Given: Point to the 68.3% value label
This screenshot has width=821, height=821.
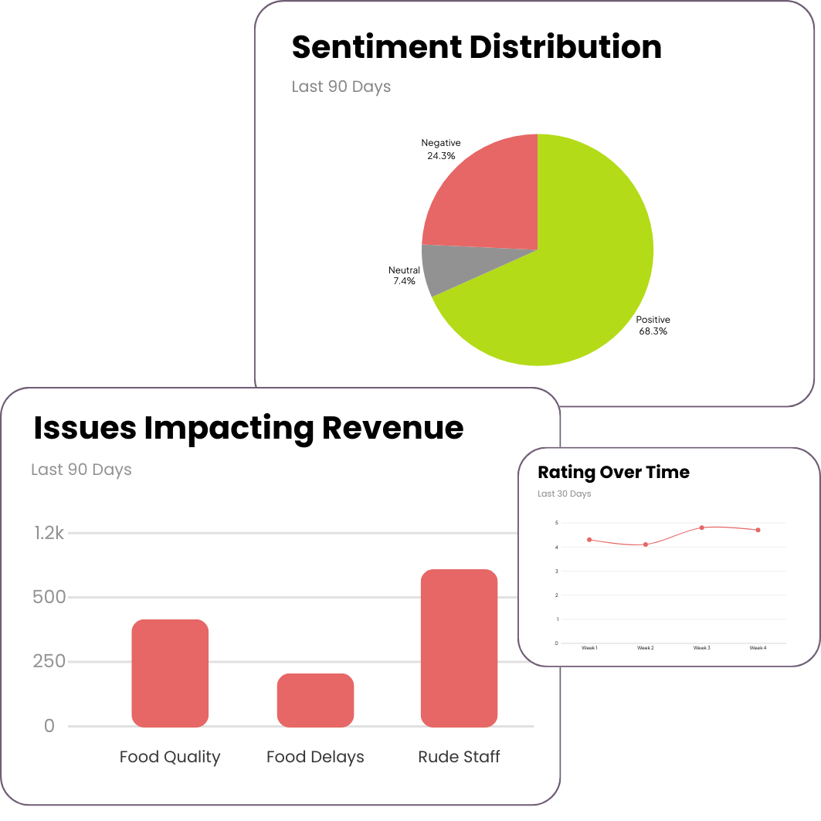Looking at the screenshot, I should [653, 331].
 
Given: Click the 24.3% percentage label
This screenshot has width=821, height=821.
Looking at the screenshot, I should [441, 155].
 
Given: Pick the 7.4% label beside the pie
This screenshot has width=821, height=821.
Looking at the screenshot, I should [404, 281].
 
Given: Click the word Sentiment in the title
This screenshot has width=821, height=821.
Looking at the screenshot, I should [376, 47].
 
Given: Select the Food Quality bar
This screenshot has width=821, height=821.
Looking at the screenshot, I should [170, 673].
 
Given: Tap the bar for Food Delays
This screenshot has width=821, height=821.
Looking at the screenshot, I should [315, 700].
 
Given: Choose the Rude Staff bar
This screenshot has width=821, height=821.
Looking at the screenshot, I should [459, 648].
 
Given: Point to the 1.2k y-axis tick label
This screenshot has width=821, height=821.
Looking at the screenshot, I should [49, 533].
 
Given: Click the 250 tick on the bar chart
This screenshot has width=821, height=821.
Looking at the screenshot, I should [49, 662].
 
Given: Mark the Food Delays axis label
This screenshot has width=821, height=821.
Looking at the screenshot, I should [315, 757].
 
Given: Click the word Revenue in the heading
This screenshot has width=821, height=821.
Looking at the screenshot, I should [392, 428].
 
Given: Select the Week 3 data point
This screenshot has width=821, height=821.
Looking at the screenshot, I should [701, 528].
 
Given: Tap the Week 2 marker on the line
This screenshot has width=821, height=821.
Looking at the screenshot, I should [646, 545].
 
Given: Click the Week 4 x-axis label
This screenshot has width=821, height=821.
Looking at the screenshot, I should [758, 648].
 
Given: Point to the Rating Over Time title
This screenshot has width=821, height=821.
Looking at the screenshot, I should [613, 472].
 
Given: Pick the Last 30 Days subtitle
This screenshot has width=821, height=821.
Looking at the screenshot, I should [564, 494].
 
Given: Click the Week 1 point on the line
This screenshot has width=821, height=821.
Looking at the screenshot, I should [589, 539].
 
